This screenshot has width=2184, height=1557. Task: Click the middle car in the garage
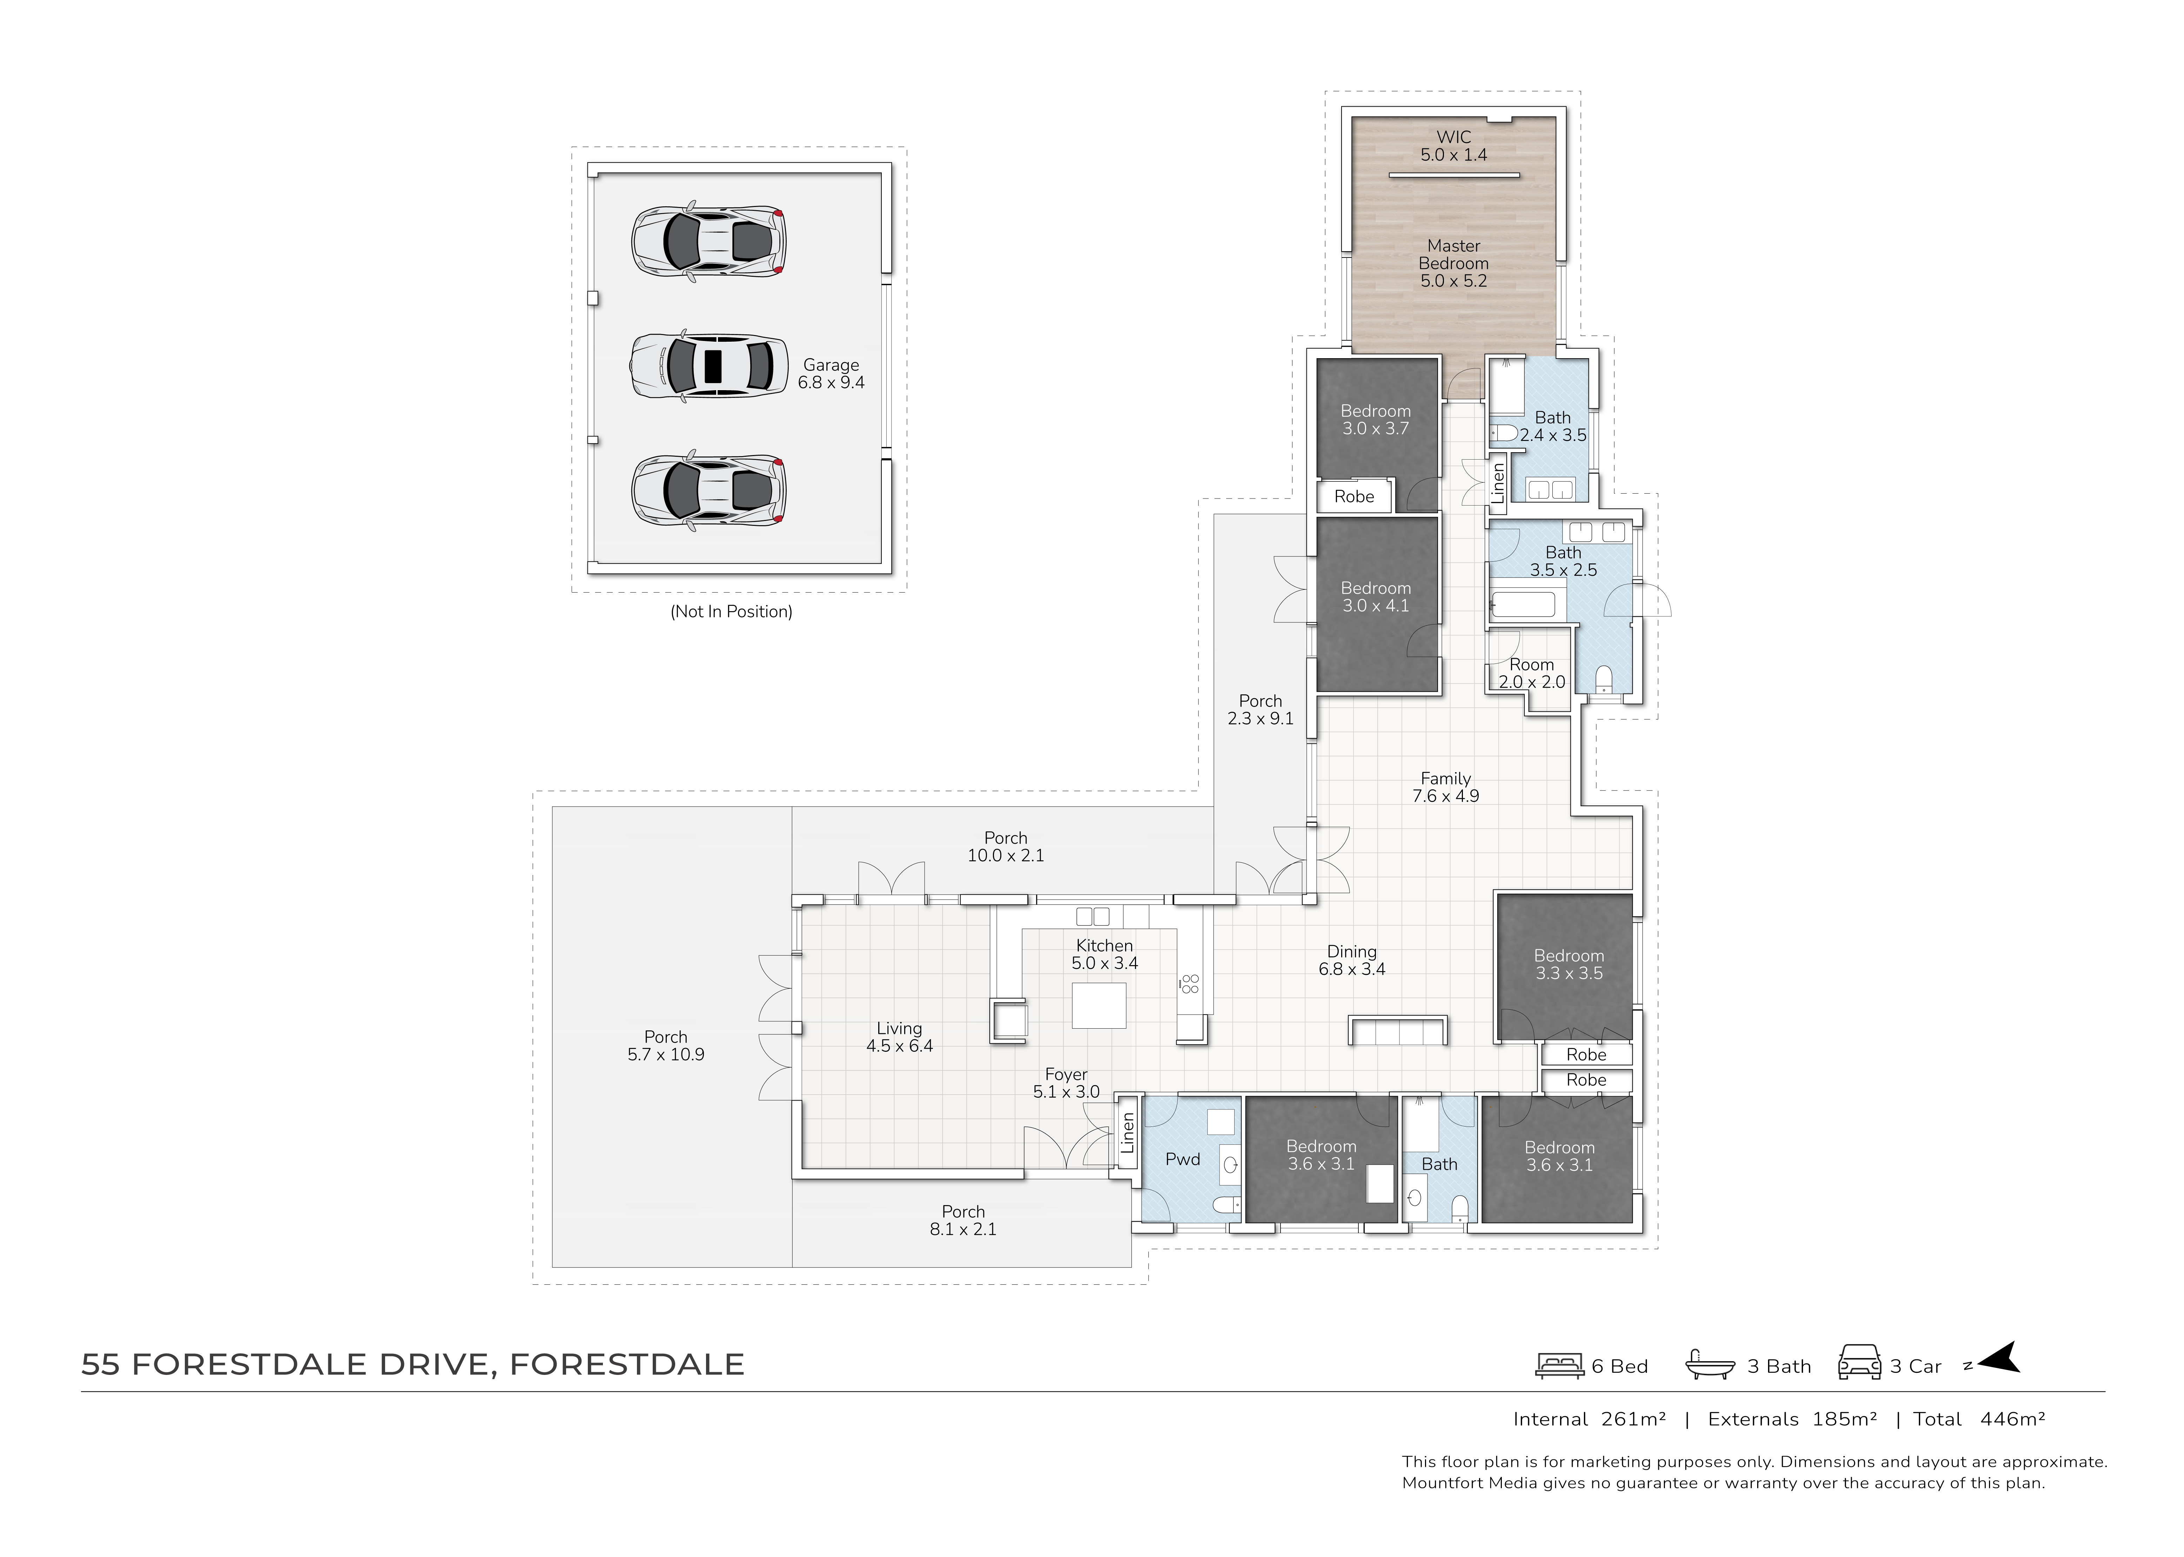pyautogui.click(x=708, y=365)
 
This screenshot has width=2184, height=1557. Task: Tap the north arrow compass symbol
pyautogui.click(x=1998, y=1358)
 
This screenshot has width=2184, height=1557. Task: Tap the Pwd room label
pyautogui.click(x=1183, y=1159)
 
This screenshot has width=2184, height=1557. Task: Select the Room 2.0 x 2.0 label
pyautogui.click(x=1531, y=673)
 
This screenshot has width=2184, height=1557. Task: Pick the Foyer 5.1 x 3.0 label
pyautogui.click(x=1066, y=1083)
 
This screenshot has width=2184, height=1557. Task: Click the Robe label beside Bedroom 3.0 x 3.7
pyautogui.click(x=1354, y=497)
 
